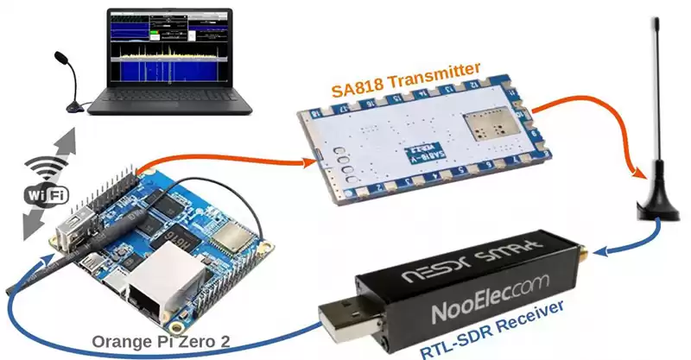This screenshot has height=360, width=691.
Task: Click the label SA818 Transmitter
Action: (x=406, y=79)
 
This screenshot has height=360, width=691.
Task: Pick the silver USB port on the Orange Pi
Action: (x=73, y=224)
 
